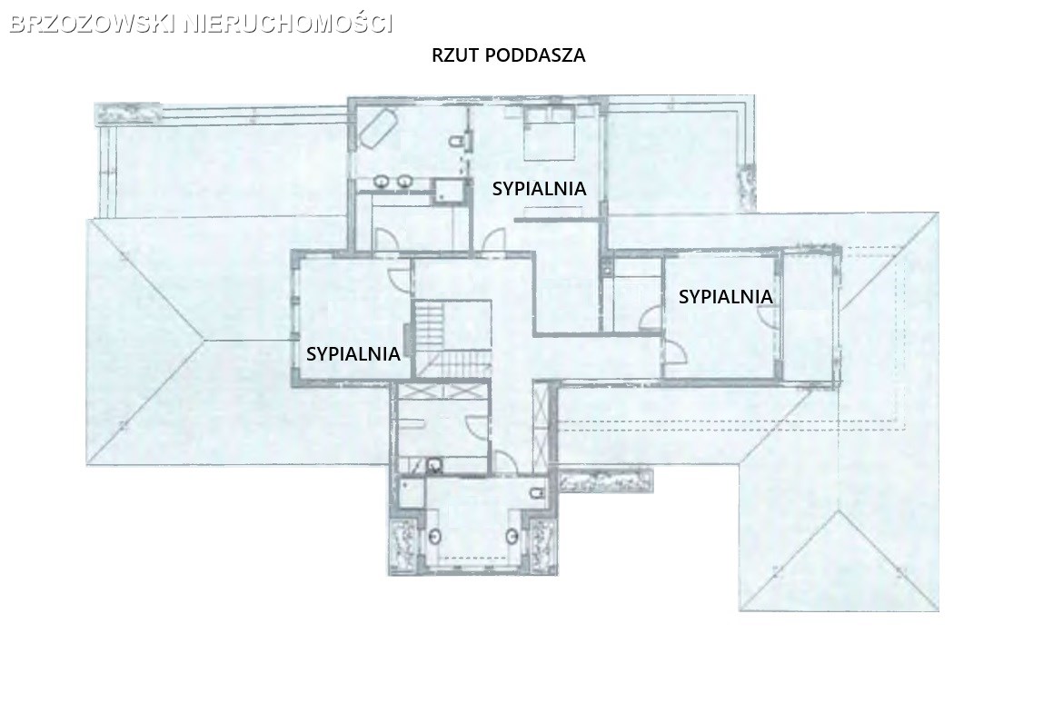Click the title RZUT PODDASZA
coord(509,55)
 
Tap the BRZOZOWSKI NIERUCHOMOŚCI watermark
coord(202,24)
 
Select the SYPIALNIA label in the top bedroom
coord(540,189)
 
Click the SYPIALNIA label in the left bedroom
coord(353,353)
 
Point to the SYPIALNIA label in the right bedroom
coord(725,296)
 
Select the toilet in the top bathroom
coord(460,141)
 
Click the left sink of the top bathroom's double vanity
coord(382,181)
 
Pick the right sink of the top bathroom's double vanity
coord(403,181)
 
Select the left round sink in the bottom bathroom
coord(436,537)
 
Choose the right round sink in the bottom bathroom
coord(513,537)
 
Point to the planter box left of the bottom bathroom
coord(405,544)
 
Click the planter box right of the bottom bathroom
coord(542,544)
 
